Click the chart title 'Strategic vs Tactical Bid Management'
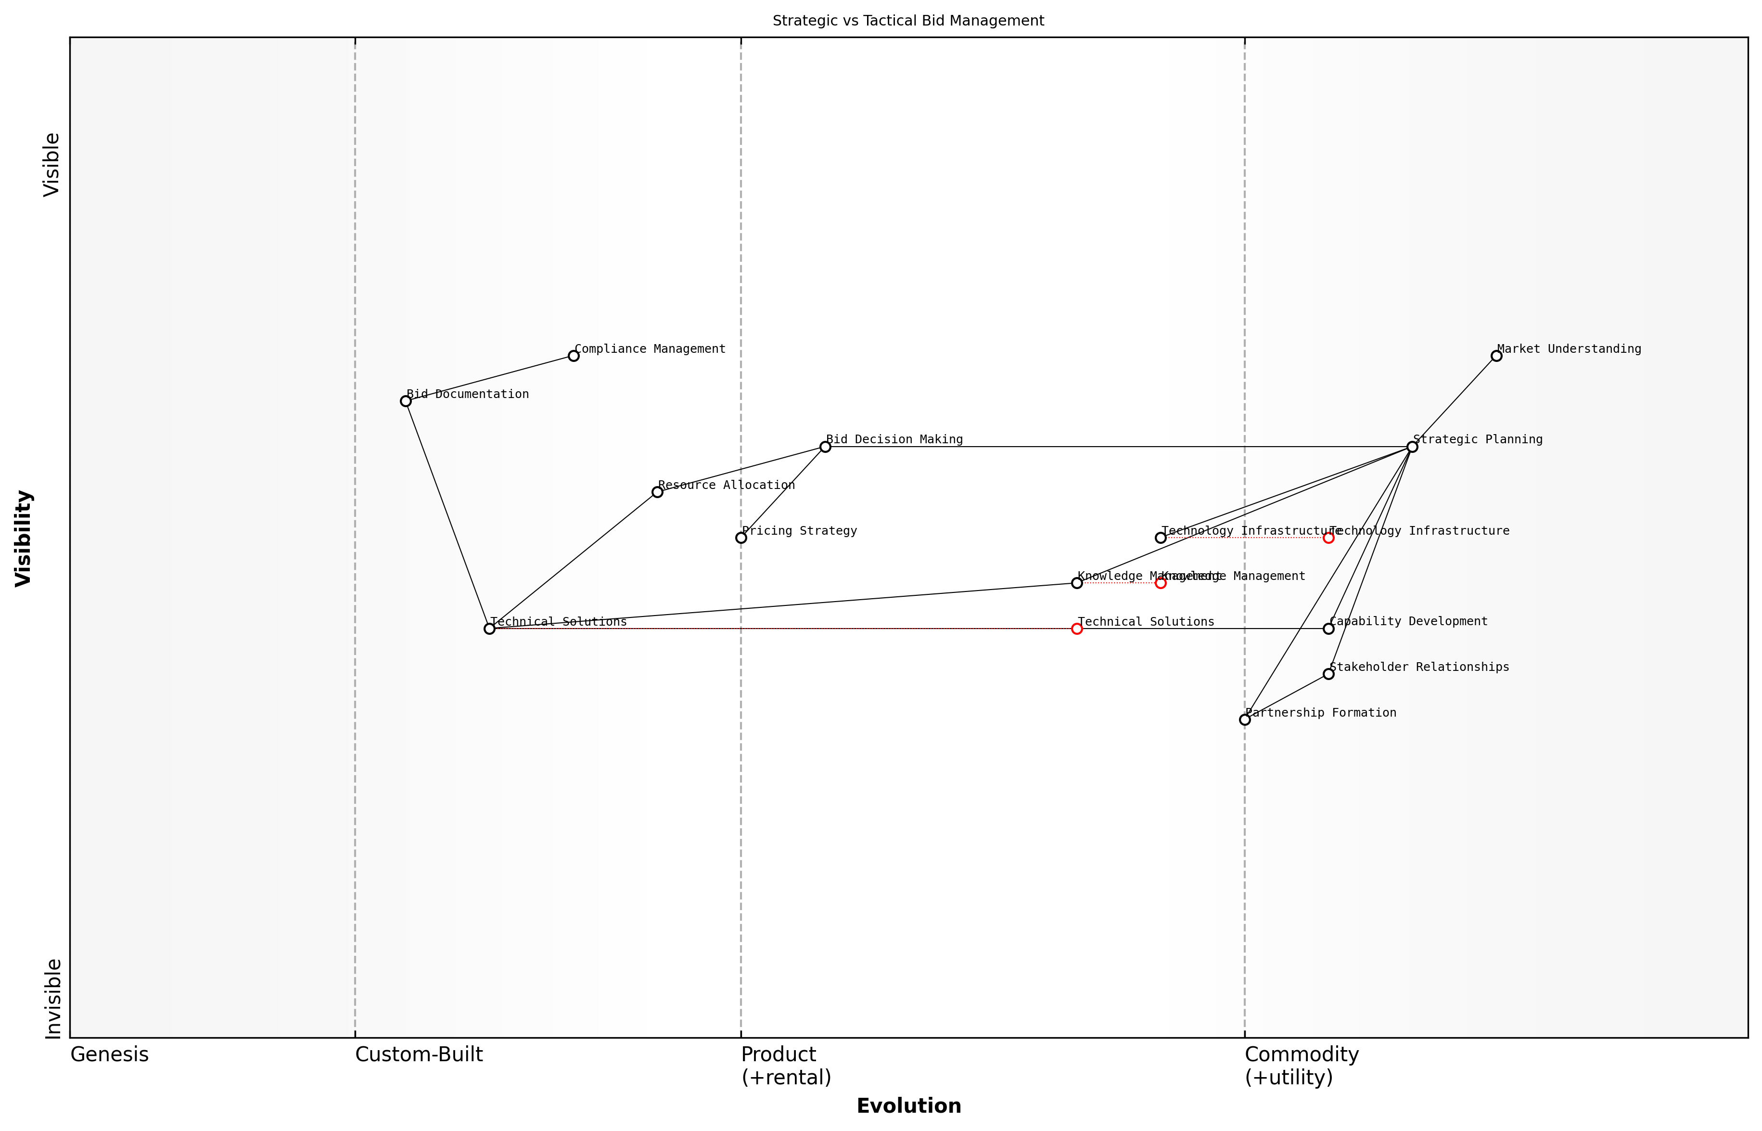pyautogui.click(x=908, y=21)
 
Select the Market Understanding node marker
pyautogui.click(x=1496, y=356)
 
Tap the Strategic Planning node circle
pyautogui.click(x=1412, y=447)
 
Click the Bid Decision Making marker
pyautogui.click(x=825, y=447)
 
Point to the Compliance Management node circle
pyautogui.click(x=574, y=356)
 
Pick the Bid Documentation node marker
pyautogui.click(x=405, y=401)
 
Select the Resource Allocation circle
pyautogui.click(x=657, y=492)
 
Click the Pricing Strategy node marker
pyautogui.click(x=741, y=538)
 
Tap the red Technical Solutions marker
pyautogui.click(x=1076, y=629)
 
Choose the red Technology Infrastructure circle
pyautogui.click(x=1328, y=538)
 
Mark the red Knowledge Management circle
pyautogui.click(x=1160, y=583)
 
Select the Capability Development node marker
pyautogui.click(x=1328, y=629)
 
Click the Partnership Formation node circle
pyautogui.click(x=1244, y=720)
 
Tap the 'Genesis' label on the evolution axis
pyautogui.click(x=109, y=1054)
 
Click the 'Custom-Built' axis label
pyautogui.click(x=419, y=1054)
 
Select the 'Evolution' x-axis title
pyautogui.click(x=908, y=1106)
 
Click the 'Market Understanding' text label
pyautogui.click(x=1569, y=349)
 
